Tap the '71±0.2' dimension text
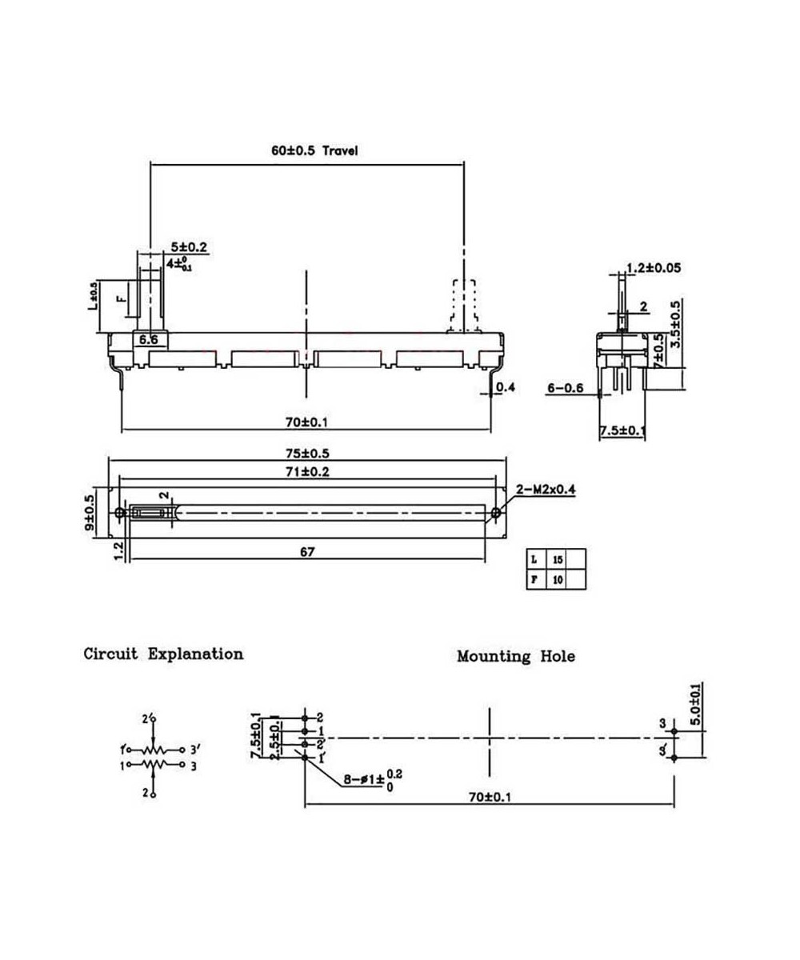(307, 472)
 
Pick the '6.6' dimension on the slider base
(148, 341)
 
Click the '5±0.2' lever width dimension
(189, 248)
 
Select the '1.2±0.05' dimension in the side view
(654, 269)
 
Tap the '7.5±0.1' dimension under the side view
(623, 431)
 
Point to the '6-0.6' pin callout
(566, 389)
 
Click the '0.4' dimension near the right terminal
(506, 388)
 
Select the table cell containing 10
(557, 580)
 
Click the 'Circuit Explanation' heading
(164, 654)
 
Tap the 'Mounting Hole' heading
(516, 657)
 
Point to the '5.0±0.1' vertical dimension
(695, 705)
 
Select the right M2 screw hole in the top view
(496, 512)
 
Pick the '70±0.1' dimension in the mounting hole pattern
(489, 797)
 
